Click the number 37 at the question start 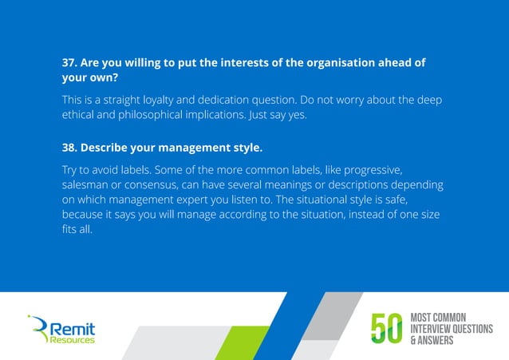click(70, 64)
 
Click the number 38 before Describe click(70, 148)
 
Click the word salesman click(88, 185)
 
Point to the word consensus click(154, 185)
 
